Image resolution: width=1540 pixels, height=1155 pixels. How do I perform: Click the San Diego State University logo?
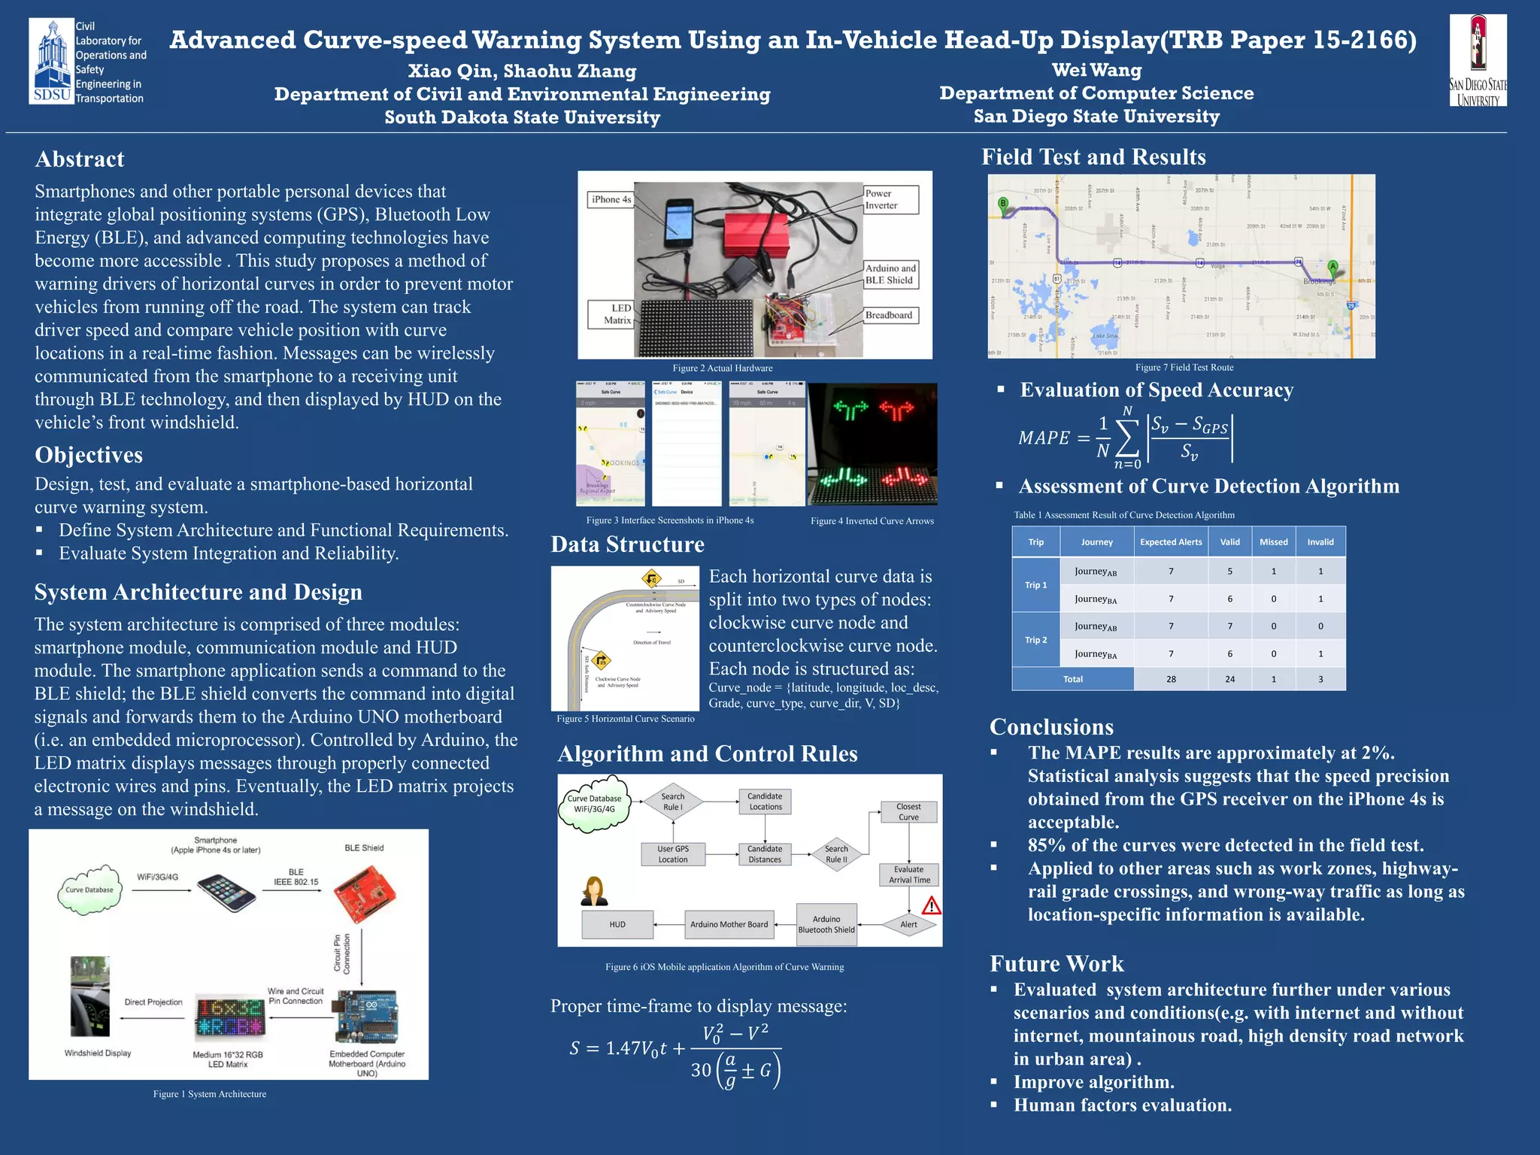(1478, 60)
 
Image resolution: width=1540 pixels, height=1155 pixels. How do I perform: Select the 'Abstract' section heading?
(80, 159)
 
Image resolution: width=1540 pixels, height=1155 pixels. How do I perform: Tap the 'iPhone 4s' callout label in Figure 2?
(611, 199)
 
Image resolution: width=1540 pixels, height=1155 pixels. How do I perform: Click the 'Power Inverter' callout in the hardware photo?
(890, 199)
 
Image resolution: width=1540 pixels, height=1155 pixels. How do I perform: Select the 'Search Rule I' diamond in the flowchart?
(672, 802)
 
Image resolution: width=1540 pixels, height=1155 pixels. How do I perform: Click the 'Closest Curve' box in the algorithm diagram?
(908, 812)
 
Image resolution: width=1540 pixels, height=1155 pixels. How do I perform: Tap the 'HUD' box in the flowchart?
(617, 924)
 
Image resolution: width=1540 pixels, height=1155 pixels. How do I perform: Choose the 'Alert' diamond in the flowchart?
(908, 924)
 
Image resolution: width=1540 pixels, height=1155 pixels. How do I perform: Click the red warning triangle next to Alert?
(931, 905)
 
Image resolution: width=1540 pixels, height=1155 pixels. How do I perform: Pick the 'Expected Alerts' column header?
(1171, 541)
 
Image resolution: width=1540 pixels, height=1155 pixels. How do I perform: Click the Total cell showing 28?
(1171, 679)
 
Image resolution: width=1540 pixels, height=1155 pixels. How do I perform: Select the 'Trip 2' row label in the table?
(1035, 640)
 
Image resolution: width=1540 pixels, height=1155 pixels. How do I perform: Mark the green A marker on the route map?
(1332, 266)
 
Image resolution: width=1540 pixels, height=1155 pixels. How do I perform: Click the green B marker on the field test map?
(1002, 203)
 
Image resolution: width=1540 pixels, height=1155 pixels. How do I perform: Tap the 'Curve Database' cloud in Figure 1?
(89, 890)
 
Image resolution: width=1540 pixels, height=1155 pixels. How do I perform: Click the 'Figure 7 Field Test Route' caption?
(1184, 368)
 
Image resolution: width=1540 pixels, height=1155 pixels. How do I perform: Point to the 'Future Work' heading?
(1056, 964)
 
